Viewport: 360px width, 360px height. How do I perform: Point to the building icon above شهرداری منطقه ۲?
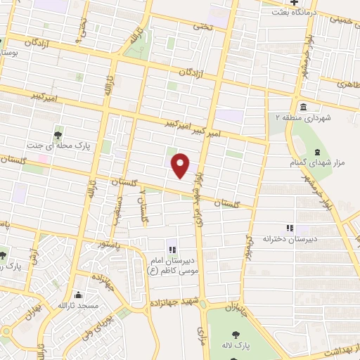coord(302,107)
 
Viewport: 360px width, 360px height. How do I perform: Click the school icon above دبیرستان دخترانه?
coord(288,228)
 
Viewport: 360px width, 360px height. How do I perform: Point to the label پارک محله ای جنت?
coord(59,147)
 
